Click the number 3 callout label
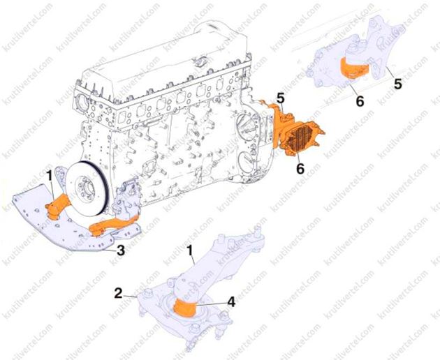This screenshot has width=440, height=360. [x=121, y=250]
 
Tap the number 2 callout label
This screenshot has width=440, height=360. [x=119, y=294]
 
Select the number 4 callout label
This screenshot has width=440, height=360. [x=231, y=302]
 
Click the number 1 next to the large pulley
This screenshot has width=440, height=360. [x=49, y=177]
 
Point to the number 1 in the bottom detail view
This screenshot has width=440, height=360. [x=191, y=251]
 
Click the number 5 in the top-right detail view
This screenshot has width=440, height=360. [x=397, y=84]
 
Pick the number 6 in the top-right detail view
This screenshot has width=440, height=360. [x=360, y=101]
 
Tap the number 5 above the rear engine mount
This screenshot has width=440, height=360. [x=281, y=98]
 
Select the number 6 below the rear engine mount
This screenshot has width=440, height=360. [x=300, y=169]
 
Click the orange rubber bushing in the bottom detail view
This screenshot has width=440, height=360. [x=185, y=308]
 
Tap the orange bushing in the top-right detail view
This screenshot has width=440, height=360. [x=354, y=68]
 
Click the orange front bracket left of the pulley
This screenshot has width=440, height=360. [x=57, y=207]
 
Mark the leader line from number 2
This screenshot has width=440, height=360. [x=130, y=296]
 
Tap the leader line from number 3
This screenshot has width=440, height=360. [x=110, y=249]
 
